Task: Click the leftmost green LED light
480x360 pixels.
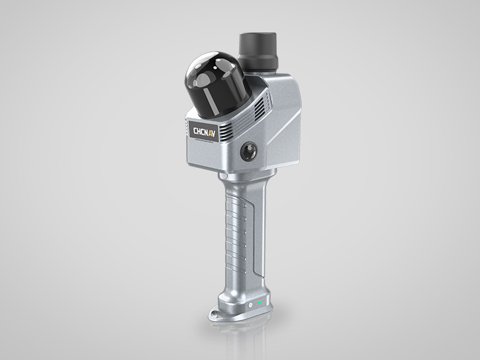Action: click(x=253, y=305)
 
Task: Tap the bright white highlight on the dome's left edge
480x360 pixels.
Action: click(x=192, y=73)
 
